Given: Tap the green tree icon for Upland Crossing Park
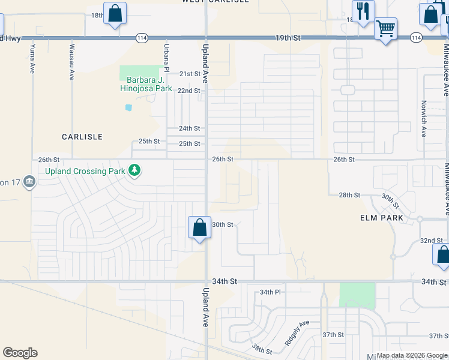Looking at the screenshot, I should (135, 171).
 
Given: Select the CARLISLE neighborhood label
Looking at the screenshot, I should (82, 137).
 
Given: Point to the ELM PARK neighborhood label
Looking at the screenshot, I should (382, 218).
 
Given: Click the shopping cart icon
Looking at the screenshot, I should (385, 28).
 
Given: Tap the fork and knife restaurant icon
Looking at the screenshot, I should (363, 11).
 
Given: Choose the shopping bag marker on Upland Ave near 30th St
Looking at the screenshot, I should (200, 228).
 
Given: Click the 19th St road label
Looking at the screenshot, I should (288, 38).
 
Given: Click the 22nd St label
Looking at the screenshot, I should (188, 91).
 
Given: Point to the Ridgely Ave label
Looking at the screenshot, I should (297, 332).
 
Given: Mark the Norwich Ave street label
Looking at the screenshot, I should (423, 123).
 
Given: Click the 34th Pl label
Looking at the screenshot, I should (271, 292).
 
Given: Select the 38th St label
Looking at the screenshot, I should (262, 349).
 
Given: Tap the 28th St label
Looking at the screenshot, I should (349, 195).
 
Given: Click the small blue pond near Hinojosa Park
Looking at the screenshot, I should (128, 108).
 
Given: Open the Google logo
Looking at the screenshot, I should (20, 353).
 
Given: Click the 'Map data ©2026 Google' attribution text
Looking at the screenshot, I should (412, 355).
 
